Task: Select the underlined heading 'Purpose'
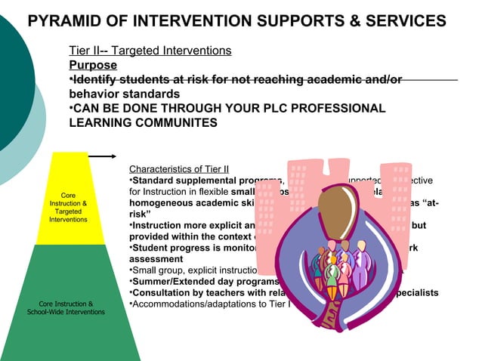93,65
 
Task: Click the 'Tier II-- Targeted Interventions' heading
150,51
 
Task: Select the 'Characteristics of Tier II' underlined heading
179,169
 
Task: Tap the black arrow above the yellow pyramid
101,156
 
